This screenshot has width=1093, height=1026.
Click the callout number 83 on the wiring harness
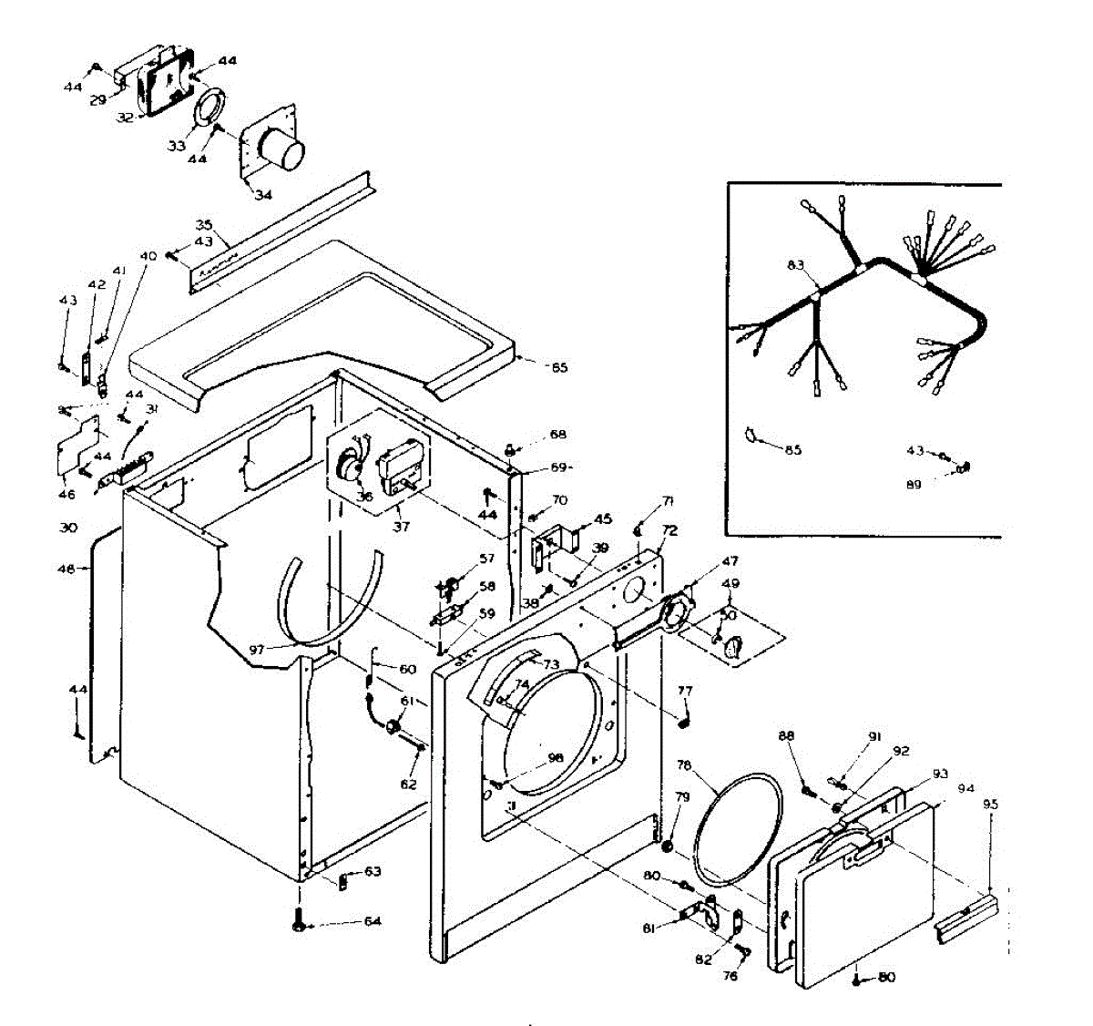click(x=796, y=265)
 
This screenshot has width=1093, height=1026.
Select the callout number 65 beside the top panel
click(x=558, y=367)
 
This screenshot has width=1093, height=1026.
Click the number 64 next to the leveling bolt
click(x=372, y=921)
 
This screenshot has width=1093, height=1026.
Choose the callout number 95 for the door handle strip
click(x=990, y=805)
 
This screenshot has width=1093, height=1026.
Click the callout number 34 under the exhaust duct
click(x=263, y=195)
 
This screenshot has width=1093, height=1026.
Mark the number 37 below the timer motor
click(x=398, y=526)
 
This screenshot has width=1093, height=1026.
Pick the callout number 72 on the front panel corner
click(x=669, y=529)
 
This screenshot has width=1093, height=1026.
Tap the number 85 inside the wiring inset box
click(x=793, y=450)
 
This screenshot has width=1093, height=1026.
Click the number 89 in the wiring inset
click(x=913, y=485)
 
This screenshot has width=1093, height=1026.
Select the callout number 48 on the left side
click(x=66, y=569)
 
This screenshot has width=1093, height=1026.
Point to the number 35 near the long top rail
click(x=204, y=224)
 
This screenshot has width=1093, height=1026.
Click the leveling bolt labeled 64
click(x=299, y=920)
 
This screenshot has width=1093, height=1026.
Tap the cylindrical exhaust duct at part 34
click(x=280, y=148)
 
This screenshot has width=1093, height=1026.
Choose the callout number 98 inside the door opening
click(x=555, y=758)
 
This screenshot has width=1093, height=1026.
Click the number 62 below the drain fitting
click(x=408, y=784)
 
